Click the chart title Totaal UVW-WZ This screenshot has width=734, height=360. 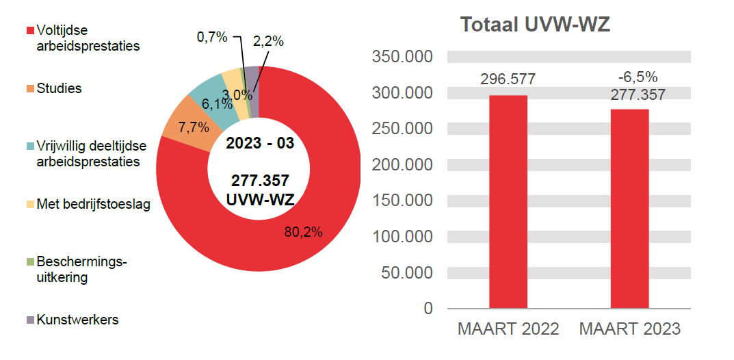[534, 25]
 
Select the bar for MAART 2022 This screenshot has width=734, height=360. [508, 202]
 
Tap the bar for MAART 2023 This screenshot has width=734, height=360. [629, 209]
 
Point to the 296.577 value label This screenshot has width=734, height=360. [508, 79]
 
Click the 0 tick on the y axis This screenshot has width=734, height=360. [428, 309]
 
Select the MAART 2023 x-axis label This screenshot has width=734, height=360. [629, 329]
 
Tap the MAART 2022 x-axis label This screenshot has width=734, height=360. [508, 329]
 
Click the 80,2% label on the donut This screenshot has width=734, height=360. [303, 231]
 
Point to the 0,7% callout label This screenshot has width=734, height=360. [212, 38]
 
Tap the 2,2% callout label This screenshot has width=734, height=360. [268, 41]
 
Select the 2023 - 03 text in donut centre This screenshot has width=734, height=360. [259, 144]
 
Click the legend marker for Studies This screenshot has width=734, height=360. [30, 89]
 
